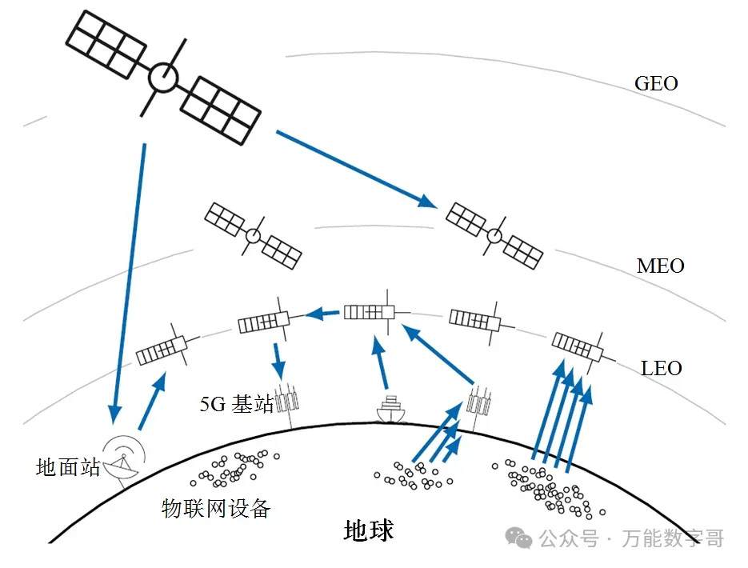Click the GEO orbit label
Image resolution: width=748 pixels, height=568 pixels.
tap(655, 83)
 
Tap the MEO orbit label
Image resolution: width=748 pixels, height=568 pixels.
tap(660, 266)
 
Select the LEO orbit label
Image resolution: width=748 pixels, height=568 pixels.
tap(662, 369)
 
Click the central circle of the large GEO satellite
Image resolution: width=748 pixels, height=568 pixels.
tap(163, 78)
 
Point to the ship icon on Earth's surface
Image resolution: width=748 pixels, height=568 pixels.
tap(390, 409)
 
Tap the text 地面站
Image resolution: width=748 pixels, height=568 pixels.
tap(68, 467)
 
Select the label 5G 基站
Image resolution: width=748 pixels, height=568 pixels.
tap(236, 404)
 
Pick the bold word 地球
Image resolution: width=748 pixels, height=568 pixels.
tap(369, 530)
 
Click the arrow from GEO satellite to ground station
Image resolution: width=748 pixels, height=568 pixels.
tap(130, 280)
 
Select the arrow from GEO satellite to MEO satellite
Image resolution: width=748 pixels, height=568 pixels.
tap(356, 170)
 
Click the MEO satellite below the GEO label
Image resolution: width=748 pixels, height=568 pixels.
tap(494, 234)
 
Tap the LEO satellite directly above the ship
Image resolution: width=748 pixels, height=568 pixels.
tap(370, 312)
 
